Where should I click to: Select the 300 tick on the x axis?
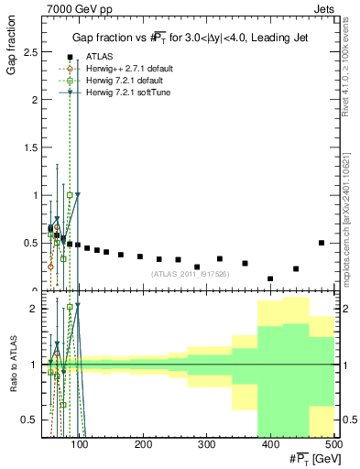pyautogui.click(x=206, y=445)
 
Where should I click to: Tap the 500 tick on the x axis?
pyautogui.click(x=333, y=445)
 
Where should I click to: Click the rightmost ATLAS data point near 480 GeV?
pyautogui.click(x=322, y=243)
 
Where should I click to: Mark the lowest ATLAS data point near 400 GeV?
pyautogui.click(x=270, y=278)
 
